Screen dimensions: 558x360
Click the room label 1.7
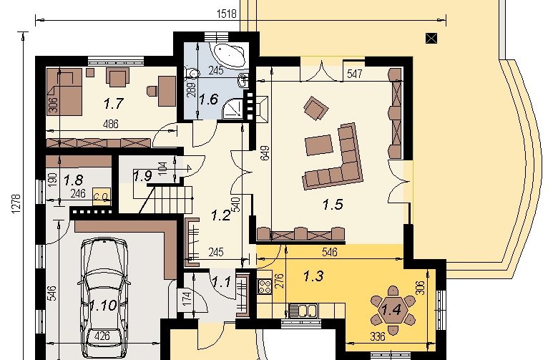[x=113, y=104]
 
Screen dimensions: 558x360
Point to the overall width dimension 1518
[x=227, y=14]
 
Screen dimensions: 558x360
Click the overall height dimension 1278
[x=16, y=204]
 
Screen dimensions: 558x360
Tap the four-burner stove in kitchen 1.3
[x=264, y=286]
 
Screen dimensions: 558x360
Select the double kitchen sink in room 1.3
[x=302, y=310]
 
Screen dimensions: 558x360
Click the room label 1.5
[x=333, y=205]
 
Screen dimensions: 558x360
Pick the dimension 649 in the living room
[x=265, y=153]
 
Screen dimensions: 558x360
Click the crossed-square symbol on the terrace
[x=431, y=38]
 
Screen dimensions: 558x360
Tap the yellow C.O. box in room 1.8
[x=102, y=197]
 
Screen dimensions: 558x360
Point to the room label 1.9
[x=142, y=175]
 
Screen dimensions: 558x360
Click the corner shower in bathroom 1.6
[x=233, y=108]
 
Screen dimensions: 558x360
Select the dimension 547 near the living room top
[x=354, y=74]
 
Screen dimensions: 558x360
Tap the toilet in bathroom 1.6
[x=192, y=72]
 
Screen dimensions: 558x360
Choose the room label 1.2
[x=220, y=215]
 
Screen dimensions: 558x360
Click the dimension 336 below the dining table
[x=377, y=336]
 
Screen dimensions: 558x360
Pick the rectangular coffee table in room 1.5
[x=319, y=145]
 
